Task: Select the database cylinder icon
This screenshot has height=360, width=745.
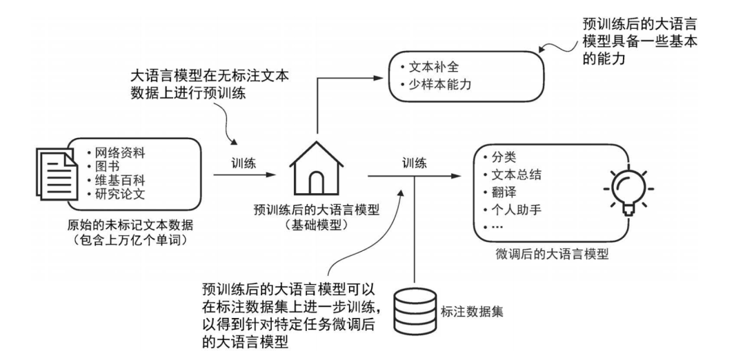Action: [x=413, y=311]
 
